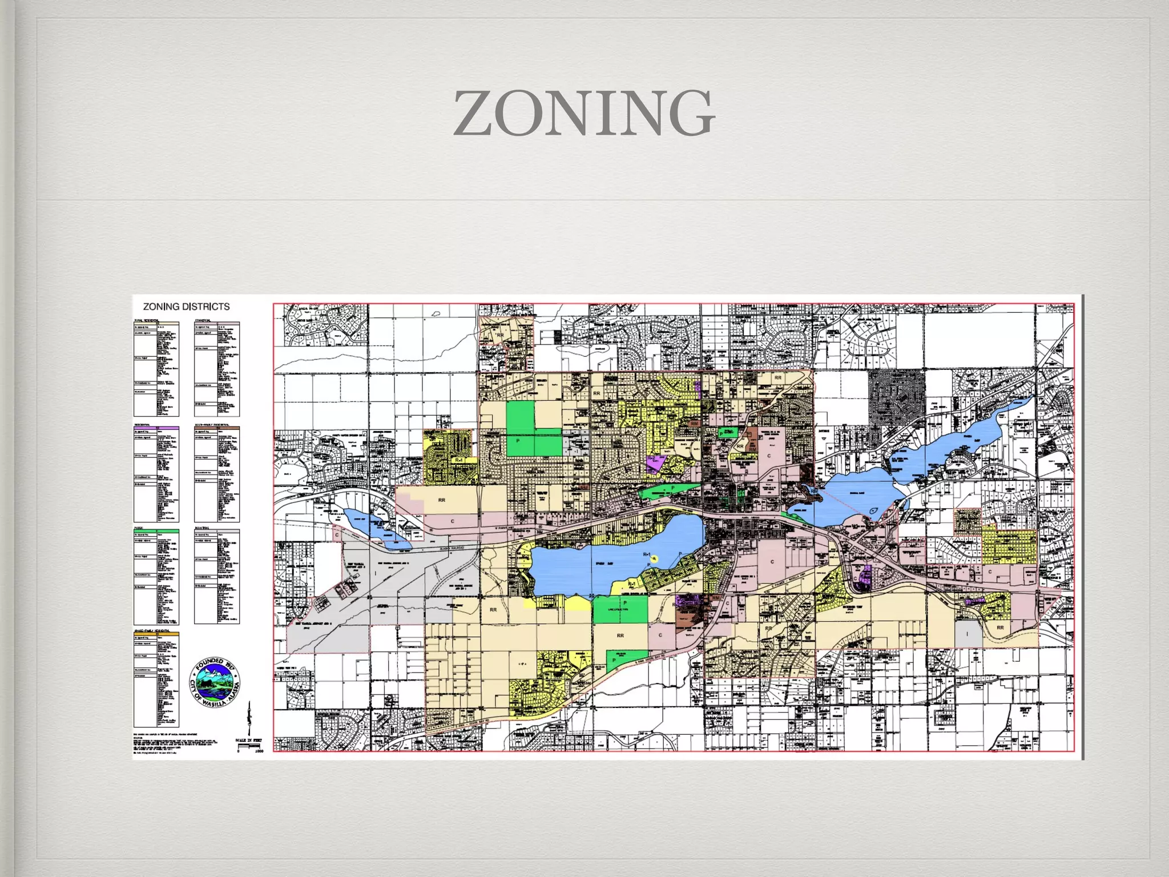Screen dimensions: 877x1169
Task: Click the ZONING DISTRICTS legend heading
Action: click(186, 307)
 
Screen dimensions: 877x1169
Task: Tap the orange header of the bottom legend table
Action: click(156, 633)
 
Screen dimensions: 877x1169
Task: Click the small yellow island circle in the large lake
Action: click(655, 558)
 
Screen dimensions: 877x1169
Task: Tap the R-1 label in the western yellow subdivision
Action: click(458, 460)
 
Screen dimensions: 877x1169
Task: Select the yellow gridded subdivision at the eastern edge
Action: click(1009, 547)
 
